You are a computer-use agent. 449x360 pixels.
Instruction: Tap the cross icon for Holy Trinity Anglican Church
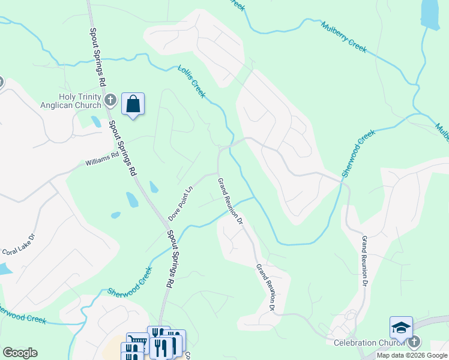point(110,100)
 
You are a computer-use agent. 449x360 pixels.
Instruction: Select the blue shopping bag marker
point(133,104)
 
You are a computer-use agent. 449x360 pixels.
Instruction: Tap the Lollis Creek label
point(192,82)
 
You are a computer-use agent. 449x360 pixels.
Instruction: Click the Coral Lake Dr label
point(19,245)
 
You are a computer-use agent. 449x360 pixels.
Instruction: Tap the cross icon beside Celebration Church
point(414,343)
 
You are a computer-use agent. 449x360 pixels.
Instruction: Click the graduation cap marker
point(401,327)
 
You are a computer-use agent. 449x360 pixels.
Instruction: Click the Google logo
point(20,353)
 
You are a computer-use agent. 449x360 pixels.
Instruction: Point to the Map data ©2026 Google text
point(412,355)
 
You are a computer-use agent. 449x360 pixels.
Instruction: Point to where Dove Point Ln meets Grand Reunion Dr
point(216,173)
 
